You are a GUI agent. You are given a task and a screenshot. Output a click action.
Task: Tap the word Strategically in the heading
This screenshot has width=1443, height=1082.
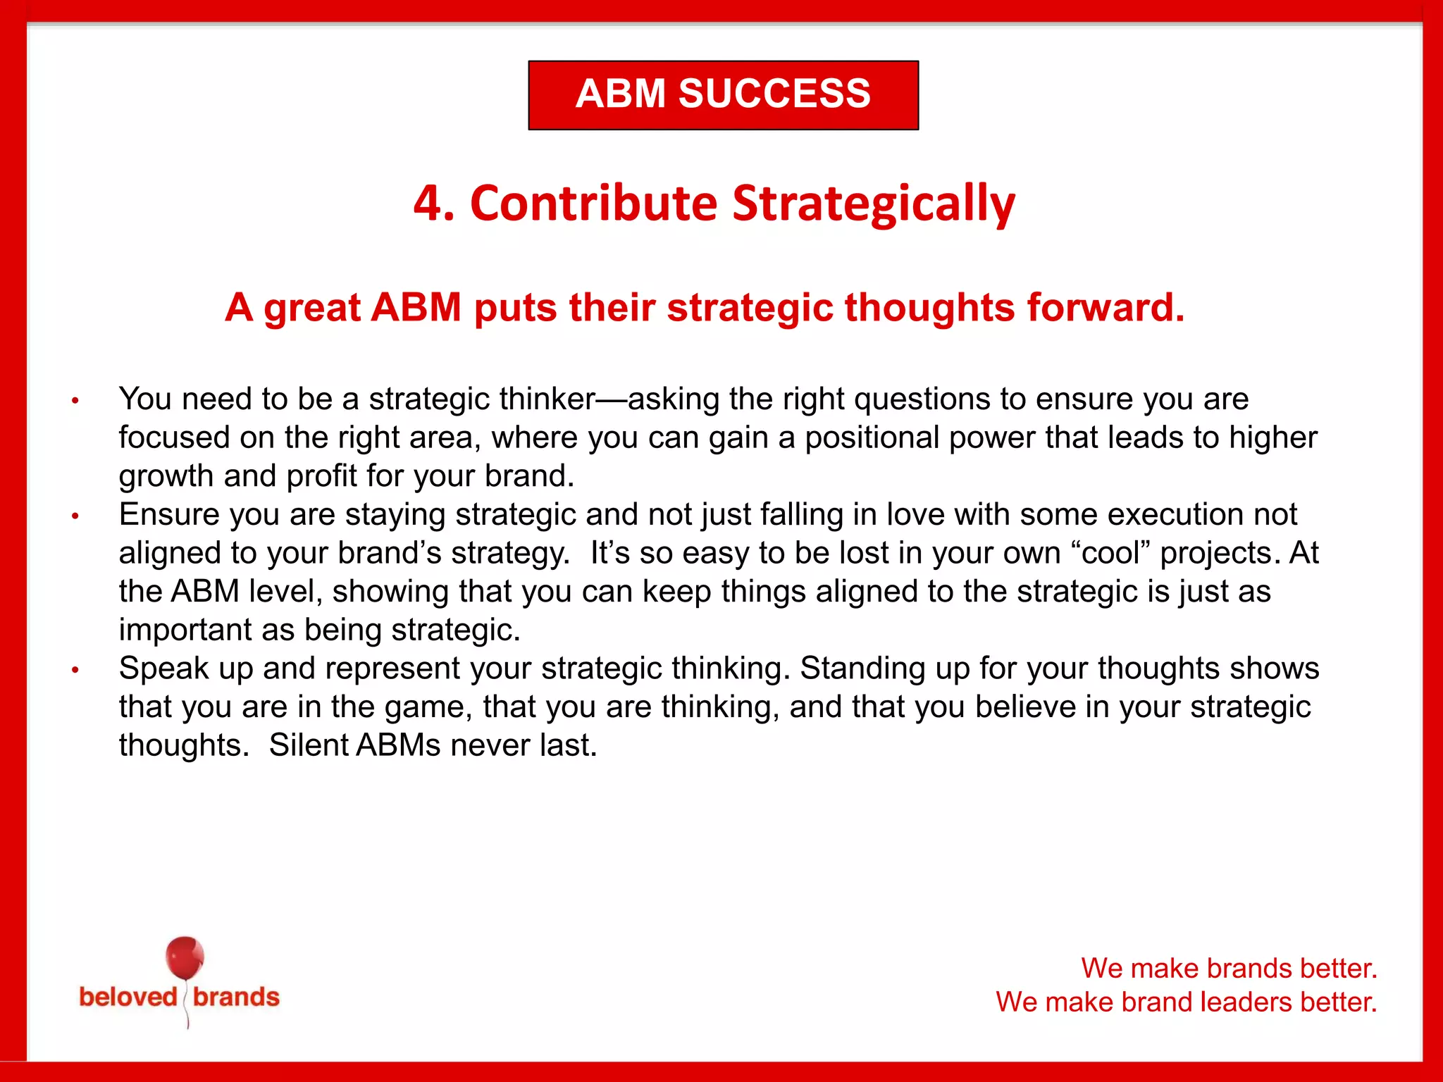coord(874,204)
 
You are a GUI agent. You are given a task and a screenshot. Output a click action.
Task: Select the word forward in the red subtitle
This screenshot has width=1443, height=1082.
coord(1105,308)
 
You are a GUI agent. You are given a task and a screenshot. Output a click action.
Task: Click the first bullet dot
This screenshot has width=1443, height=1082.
coord(75,402)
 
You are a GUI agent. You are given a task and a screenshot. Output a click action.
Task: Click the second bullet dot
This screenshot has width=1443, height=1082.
coord(75,516)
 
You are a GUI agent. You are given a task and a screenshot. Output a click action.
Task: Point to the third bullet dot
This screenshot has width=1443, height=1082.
coord(75,670)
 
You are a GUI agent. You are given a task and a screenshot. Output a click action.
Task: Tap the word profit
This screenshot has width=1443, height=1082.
coord(321,476)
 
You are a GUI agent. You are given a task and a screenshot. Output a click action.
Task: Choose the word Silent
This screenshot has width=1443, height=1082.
coord(308,745)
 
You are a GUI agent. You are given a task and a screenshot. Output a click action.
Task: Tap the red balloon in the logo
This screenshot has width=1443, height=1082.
coord(185,958)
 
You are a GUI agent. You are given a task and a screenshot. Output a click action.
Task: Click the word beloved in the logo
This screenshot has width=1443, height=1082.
coord(128,997)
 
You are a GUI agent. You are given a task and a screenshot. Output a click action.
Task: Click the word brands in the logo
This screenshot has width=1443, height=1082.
coord(236,997)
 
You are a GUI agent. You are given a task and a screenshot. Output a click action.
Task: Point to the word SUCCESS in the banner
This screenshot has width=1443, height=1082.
coord(774,94)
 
